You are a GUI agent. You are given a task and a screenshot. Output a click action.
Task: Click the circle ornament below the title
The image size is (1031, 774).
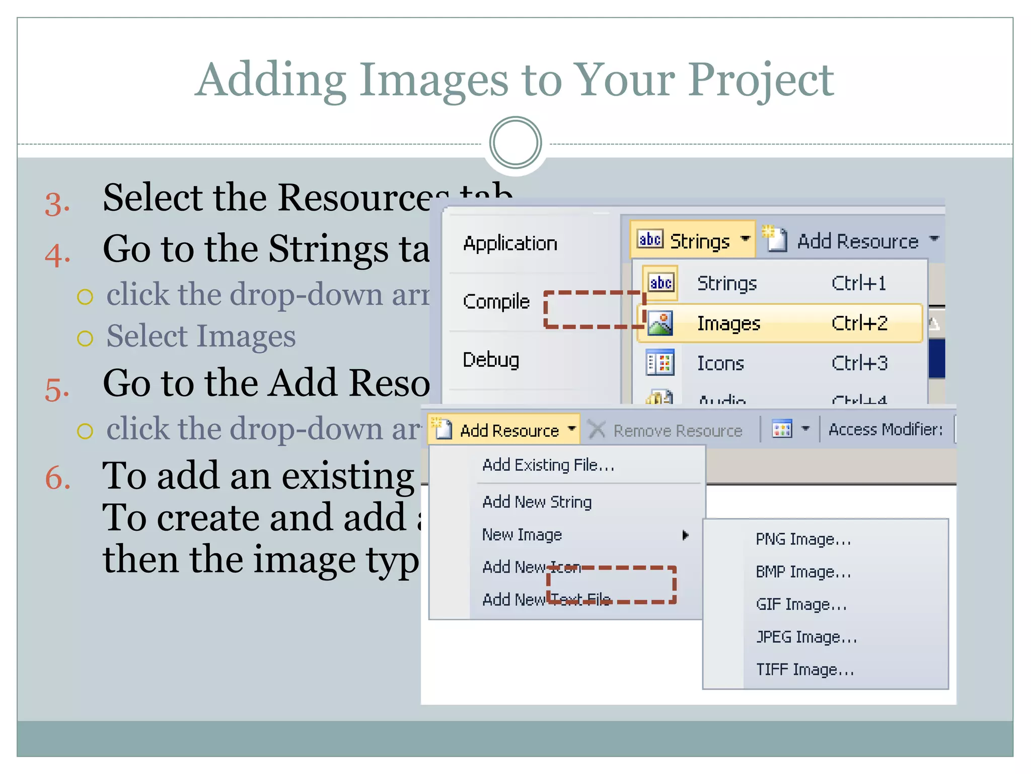(515, 143)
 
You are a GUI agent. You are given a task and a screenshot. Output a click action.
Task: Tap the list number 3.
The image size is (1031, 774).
(57, 204)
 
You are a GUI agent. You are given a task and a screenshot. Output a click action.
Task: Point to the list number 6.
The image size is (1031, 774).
(57, 477)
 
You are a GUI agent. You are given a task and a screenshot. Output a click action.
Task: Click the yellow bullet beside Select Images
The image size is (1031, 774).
(85, 338)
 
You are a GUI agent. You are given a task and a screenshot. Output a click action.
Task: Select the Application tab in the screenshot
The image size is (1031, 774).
(510, 244)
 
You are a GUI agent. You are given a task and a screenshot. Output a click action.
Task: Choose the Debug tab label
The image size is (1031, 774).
(491, 360)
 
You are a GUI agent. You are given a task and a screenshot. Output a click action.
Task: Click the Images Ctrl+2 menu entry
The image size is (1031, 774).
(779, 323)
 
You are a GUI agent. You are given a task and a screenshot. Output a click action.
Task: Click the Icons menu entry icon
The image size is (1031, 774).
(660, 363)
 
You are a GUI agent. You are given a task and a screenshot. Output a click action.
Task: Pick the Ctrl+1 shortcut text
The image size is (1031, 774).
(858, 283)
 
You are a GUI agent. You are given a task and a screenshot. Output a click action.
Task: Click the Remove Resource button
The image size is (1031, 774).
(666, 430)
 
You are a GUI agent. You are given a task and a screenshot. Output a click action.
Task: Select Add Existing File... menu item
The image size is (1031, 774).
(548, 465)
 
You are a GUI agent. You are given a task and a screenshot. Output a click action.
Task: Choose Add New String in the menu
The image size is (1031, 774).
(537, 502)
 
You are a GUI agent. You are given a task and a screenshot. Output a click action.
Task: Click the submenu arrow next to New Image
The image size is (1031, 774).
(685, 535)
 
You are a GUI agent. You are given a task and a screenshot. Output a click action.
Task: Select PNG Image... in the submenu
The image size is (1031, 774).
(803, 539)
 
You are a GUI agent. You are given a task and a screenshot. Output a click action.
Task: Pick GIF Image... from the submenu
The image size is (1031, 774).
(801, 604)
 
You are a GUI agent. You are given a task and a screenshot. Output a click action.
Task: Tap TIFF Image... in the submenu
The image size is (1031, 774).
(804, 669)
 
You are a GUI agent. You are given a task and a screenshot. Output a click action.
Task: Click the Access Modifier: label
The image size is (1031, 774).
(885, 429)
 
